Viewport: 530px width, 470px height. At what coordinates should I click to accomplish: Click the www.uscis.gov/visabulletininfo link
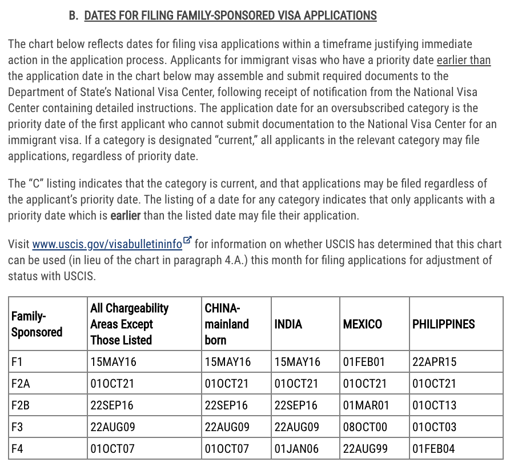click(x=107, y=244)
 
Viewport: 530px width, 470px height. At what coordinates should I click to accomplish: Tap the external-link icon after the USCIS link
click(x=188, y=241)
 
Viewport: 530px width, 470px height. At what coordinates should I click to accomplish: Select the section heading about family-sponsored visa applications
click(x=230, y=15)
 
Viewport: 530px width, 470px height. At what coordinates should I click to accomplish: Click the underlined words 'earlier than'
click(x=463, y=60)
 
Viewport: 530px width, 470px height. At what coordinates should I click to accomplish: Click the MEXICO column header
click(x=362, y=324)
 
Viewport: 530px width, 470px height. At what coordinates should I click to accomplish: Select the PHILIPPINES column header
click(x=443, y=324)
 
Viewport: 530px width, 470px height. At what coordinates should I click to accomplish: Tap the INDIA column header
click(x=288, y=324)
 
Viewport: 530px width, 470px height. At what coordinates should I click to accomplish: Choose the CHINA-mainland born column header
click(x=227, y=324)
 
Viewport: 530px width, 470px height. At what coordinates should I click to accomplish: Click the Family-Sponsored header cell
click(x=37, y=324)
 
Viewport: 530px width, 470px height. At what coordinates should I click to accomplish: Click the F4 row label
click(x=17, y=449)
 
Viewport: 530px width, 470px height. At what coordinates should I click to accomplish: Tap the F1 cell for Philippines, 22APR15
click(x=434, y=361)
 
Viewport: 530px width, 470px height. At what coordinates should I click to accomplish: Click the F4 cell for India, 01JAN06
click(x=296, y=449)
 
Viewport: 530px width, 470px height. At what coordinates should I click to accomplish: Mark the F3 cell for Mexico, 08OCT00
click(x=365, y=427)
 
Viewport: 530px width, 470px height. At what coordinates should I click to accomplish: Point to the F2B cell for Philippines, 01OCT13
click(x=434, y=405)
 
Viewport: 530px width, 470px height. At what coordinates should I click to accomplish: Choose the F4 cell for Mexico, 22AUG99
click(x=365, y=449)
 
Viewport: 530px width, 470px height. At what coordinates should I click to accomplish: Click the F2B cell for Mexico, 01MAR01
click(x=366, y=405)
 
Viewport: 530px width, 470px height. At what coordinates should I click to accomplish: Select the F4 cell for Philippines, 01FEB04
click(x=433, y=449)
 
